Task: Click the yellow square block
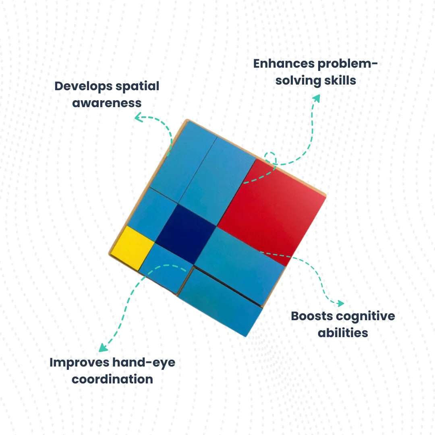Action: pyautogui.click(x=132, y=247)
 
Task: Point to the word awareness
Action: pyautogui.click(x=107, y=103)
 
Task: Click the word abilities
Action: pyautogui.click(x=343, y=333)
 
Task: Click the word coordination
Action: pyautogui.click(x=112, y=379)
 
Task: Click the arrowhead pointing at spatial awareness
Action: pyautogui.click(x=138, y=118)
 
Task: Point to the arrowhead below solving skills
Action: pyautogui.click(x=317, y=98)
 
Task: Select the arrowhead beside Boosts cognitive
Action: pyautogui.click(x=340, y=303)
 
